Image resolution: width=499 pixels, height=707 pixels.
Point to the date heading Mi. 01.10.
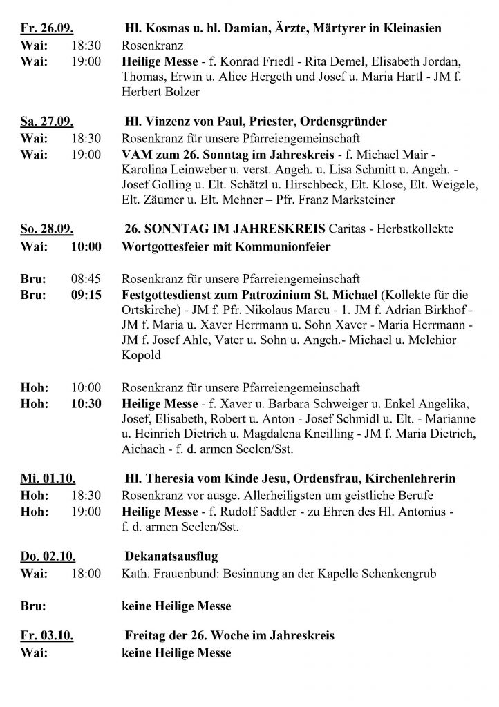click(47, 478)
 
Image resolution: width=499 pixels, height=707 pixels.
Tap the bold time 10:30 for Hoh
click(86, 403)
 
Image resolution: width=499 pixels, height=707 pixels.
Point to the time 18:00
click(86, 573)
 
